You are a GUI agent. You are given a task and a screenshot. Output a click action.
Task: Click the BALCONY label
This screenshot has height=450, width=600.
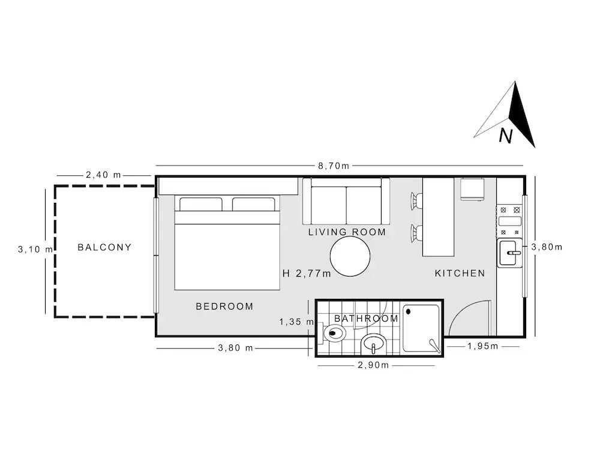coord(104,247)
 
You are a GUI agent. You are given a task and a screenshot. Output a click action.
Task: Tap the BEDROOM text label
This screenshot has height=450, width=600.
coord(224,306)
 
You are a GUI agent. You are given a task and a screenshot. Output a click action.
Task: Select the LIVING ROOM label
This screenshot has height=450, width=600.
coord(347,232)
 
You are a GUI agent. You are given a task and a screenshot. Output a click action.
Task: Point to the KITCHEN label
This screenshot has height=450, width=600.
coord(460,273)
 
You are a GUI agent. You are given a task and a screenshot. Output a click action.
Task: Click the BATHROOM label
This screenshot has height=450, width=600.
coord(367,319)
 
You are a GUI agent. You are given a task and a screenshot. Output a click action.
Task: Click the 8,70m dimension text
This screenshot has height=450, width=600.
coord(334,166)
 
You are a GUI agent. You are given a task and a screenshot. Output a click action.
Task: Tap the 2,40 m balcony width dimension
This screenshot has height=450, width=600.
coord(103,175)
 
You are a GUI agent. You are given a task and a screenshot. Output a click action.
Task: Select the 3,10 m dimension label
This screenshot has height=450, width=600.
coord(35,249)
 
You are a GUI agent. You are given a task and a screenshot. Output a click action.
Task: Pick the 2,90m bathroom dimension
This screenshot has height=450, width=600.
coord(373,365)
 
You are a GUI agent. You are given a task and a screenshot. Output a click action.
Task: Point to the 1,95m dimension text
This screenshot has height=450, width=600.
coord(483,346)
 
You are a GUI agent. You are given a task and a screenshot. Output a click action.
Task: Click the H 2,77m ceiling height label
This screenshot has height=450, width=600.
coord(307,273)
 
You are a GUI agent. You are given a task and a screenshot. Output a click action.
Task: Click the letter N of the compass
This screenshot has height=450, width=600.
coord(506,136)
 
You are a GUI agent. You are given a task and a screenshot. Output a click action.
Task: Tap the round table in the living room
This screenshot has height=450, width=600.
coord(350,256)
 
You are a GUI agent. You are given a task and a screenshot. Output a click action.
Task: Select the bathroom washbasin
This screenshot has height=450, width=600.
coord(374,344)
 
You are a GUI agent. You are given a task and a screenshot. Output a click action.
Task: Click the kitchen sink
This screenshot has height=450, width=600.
coord(509,253)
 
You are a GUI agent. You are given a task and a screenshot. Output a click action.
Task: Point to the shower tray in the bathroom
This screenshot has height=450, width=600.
coord(422,328)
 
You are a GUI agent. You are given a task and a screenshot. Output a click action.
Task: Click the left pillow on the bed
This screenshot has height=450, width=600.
coord(201,204)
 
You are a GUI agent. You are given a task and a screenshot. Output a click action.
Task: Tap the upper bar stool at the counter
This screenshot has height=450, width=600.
coord(416,201)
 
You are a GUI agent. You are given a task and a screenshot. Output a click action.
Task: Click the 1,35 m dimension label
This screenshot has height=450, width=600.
coord(296,322)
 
